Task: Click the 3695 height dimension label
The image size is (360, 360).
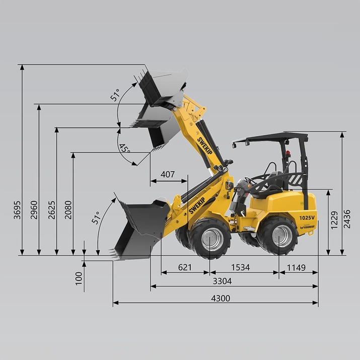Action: [17, 210]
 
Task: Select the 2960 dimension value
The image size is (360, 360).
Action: [34, 210]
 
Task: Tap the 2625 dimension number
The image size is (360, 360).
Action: [52, 210]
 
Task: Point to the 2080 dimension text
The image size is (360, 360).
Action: [68, 210]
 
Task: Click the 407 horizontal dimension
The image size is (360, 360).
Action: [168, 175]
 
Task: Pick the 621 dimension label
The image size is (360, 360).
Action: [185, 267]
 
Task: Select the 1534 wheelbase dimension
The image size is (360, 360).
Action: [240, 267]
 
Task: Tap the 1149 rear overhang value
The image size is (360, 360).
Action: [296, 267]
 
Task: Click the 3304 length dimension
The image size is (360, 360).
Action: [222, 281]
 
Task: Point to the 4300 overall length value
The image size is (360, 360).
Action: [221, 298]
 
